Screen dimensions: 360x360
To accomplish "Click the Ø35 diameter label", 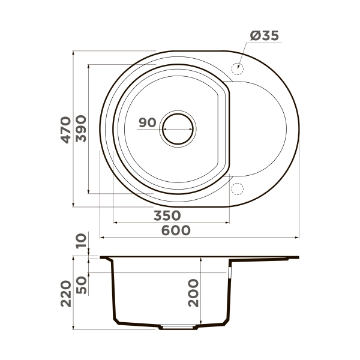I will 263,36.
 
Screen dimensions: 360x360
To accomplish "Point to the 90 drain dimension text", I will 147,122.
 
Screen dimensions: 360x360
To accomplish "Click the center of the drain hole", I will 178,128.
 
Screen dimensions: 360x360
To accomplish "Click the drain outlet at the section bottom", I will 178,328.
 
